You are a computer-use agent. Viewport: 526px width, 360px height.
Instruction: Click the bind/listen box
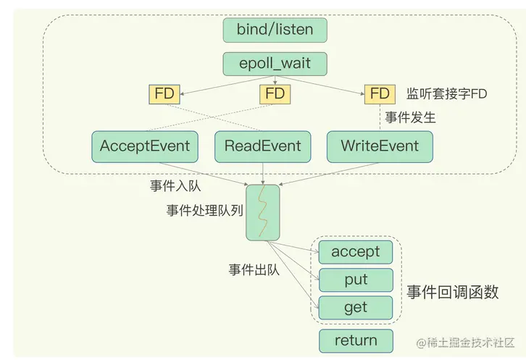[x=275, y=30]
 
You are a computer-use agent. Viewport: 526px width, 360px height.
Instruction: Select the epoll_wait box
[x=275, y=63]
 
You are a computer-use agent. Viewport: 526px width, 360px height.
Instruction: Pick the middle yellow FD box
[x=275, y=93]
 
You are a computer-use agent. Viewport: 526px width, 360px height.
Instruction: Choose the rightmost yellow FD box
[x=380, y=93]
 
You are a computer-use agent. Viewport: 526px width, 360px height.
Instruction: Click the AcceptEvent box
[x=145, y=146]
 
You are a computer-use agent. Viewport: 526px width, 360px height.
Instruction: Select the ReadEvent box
[x=262, y=146]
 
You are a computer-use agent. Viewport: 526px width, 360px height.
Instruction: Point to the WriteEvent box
[x=380, y=146]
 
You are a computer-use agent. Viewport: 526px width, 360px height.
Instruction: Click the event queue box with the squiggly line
[x=262, y=213]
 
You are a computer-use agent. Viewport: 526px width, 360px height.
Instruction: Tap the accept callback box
[x=355, y=252]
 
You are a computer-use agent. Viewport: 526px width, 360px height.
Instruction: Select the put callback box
[x=355, y=280]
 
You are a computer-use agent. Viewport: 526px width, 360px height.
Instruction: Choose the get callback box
[x=355, y=307]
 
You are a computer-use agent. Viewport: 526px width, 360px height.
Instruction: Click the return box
[x=355, y=340]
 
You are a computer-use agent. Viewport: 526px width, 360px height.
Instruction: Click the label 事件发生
[x=411, y=117]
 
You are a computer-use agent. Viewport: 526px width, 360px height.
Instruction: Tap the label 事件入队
[x=175, y=186]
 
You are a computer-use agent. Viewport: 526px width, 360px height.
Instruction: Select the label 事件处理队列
[x=204, y=211]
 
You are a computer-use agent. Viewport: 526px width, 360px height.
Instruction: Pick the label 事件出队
[x=254, y=269]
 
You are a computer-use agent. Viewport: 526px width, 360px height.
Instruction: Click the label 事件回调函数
[x=453, y=292]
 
